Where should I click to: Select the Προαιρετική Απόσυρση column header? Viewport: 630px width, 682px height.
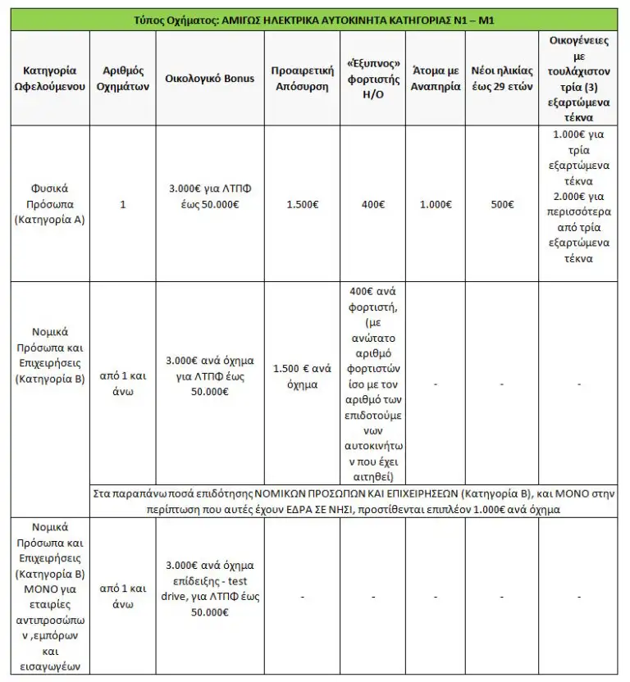[300, 78]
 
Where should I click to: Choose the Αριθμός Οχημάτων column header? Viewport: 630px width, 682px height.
[123, 78]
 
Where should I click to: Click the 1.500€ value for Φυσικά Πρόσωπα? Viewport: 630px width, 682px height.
[300, 203]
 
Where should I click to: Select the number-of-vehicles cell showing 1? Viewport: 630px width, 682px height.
[123, 203]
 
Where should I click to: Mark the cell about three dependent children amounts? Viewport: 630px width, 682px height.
[583, 203]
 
